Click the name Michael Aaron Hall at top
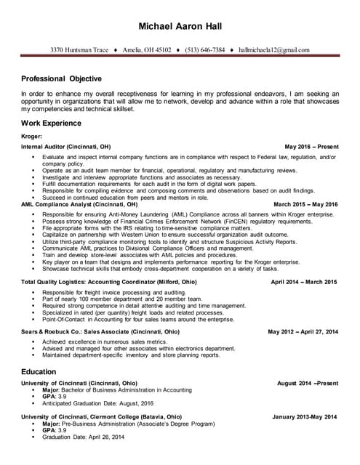pyautogui.click(x=180, y=27)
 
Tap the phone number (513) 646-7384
pyautogui.click(x=201, y=50)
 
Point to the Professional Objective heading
pyautogui.click(x=61, y=78)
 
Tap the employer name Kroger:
pyautogui.click(x=32, y=136)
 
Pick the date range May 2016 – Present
pyautogui.click(x=311, y=146)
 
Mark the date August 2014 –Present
pyautogui.click(x=308, y=383)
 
